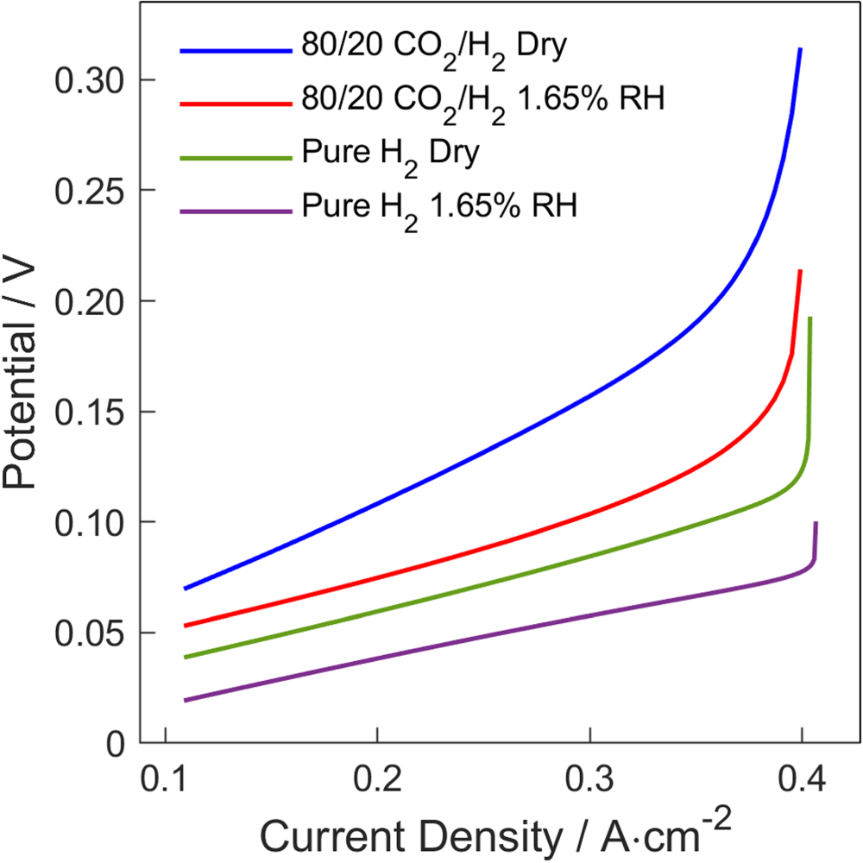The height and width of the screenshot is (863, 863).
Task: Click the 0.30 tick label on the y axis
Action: tap(91, 80)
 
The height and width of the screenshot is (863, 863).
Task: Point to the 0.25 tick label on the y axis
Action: tap(91, 191)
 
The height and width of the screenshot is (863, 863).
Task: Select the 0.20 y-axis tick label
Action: tap(91, 301)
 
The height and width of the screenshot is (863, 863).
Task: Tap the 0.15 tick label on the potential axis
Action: tap(91, 412)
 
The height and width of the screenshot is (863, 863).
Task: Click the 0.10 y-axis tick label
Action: tap(91, 522)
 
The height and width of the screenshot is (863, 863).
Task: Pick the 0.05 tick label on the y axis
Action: tap(91, 633)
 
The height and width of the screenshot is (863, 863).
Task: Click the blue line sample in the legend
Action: tap(236, 51)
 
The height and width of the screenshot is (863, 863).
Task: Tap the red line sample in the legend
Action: tap(236, 103)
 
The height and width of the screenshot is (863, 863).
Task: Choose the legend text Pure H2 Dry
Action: tap(391, 158)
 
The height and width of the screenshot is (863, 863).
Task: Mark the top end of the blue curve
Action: tap(800, 50)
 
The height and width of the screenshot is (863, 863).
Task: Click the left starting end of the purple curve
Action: tap(186, 700)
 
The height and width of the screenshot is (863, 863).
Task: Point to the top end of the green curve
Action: tap(809, 318)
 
